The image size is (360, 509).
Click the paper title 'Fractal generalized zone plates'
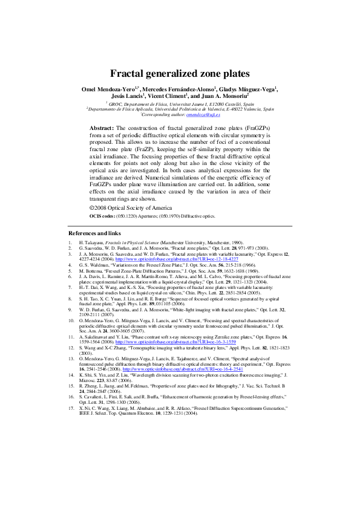tap(179, 74)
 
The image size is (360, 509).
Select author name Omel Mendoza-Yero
tap(108, 89)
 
